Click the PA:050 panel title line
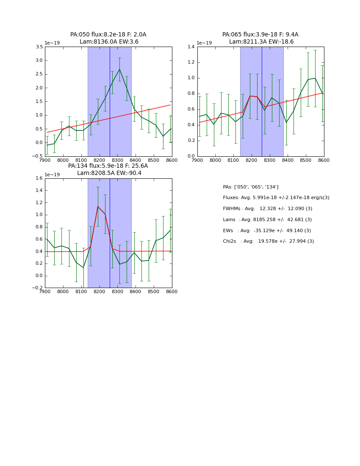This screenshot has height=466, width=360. (x=108, y=35)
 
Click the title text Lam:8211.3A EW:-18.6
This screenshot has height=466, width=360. (x=261, y=42)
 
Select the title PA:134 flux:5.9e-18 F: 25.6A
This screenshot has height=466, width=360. (x=108, y=166)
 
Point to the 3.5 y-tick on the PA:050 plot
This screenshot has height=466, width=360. (x=39, y=47)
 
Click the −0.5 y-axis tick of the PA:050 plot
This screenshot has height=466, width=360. (x=37, y=156)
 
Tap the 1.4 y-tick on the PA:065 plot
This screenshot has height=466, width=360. (x=191, y=47)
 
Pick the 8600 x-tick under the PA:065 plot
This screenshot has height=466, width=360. (x=324, y=161)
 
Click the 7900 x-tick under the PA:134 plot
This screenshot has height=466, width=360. (x=45, y=292)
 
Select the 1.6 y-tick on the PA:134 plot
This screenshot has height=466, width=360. (x=39, y=178)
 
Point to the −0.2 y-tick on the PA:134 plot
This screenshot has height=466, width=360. (x=37, y=288)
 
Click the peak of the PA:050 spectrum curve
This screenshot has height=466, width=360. (x=119, y=69)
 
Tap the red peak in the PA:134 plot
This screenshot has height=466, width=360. (x=98, y=206)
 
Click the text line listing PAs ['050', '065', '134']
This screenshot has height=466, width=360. (x=251, y=187)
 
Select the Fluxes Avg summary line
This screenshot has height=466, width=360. (x=276, y=198)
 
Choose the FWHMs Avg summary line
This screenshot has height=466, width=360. (x=267, y=209)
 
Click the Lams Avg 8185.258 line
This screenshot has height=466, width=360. (x=267, y=219)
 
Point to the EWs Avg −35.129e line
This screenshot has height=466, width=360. (x=267, y=230)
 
